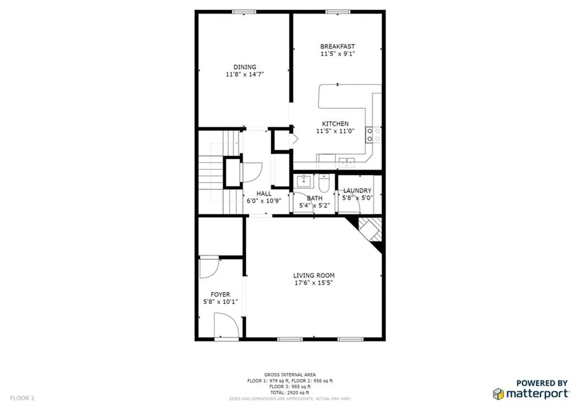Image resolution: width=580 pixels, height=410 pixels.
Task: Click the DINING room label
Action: click(x=245, y=67)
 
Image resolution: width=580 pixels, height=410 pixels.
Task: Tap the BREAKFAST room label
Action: click(x=338, y=47)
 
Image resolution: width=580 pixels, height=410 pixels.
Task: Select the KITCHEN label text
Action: click(x=335, y=124)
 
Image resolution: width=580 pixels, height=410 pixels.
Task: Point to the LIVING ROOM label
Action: click(x=313, y=276)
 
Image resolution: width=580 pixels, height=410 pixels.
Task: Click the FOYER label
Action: click(x=220, y=294)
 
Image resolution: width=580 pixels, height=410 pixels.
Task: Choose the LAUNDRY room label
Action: click(x=357, y=191)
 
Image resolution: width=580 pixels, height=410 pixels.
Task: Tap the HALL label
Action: click(x=264, y=193)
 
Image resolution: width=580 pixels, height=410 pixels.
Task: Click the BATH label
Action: click(x=315, y=198)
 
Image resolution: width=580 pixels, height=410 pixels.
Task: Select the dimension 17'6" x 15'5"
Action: click(x=313, y=282)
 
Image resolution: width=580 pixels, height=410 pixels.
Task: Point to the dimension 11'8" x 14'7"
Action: click(x=245, y=74)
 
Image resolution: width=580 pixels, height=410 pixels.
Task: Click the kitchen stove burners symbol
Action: click(x=373, y=134)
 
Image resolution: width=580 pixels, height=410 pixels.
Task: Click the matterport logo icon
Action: click(x=498, y=394)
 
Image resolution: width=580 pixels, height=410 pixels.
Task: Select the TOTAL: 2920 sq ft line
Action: click(x=290, y=392)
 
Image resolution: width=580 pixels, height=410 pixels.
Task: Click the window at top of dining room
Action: click(x=244, y=11)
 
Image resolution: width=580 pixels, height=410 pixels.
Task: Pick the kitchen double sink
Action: click(x=346, y=162)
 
